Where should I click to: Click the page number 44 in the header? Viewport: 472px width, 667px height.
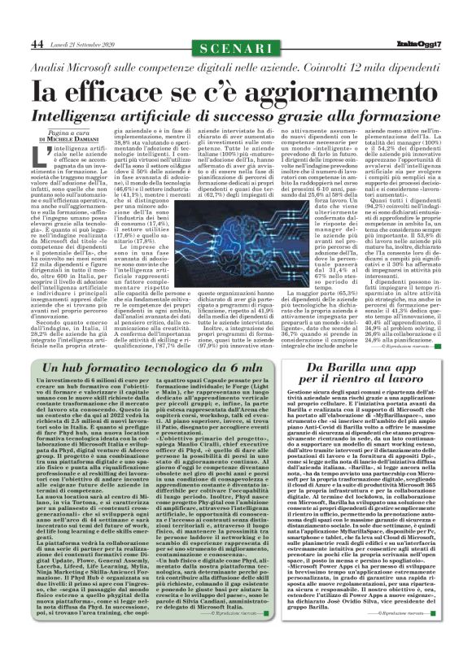pos(37,42)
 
